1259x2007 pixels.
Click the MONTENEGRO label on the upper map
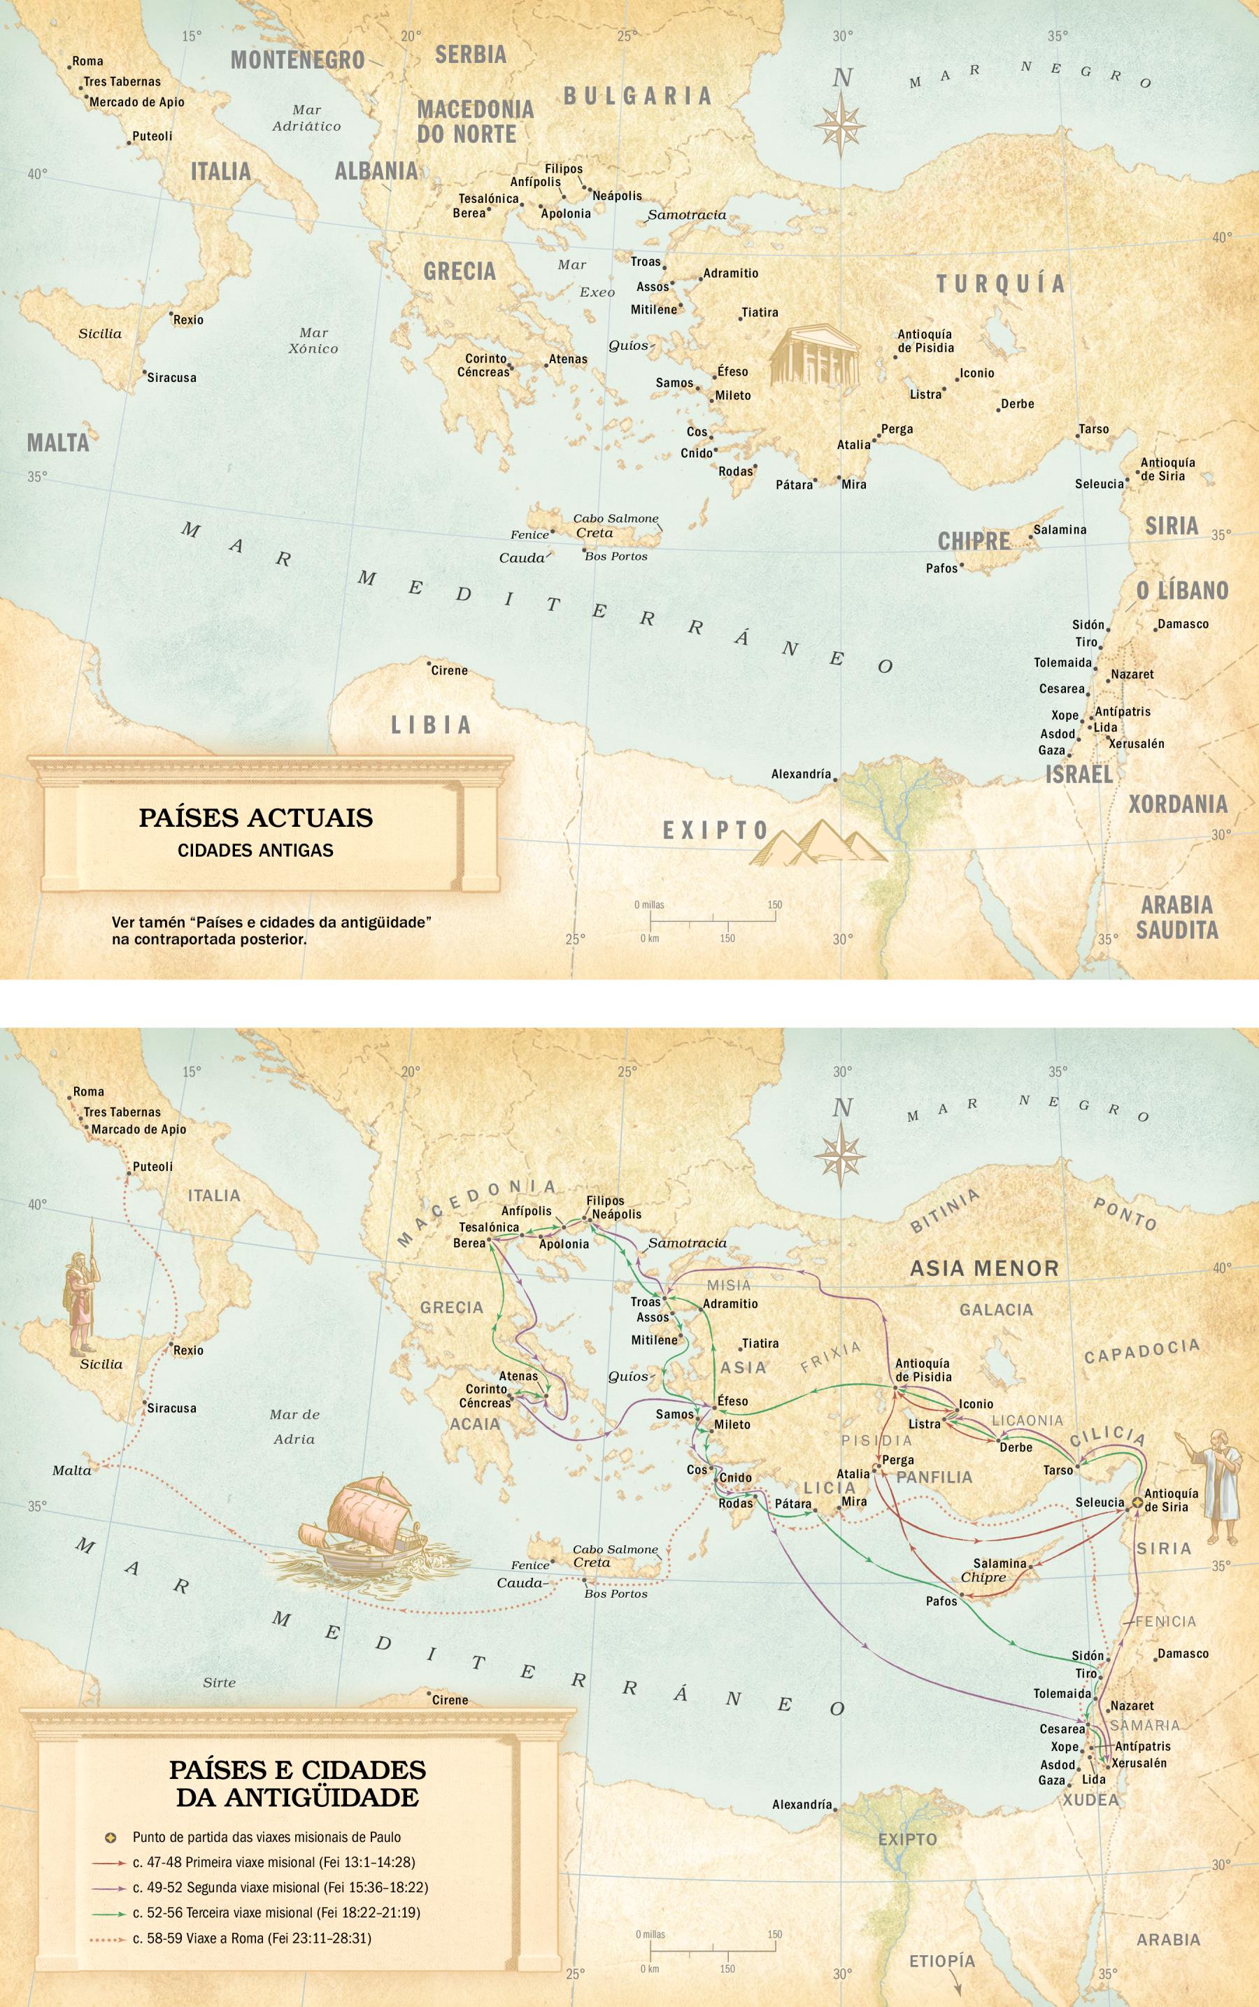[297, 60]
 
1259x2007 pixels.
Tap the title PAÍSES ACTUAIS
[255, 817]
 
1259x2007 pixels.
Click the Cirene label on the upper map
[449, 670]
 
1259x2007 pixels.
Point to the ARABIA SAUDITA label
[1176, 917]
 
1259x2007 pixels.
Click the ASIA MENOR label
[983, 1268]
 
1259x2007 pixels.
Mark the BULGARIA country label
[638, 96]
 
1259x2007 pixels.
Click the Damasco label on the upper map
[1183, 624]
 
